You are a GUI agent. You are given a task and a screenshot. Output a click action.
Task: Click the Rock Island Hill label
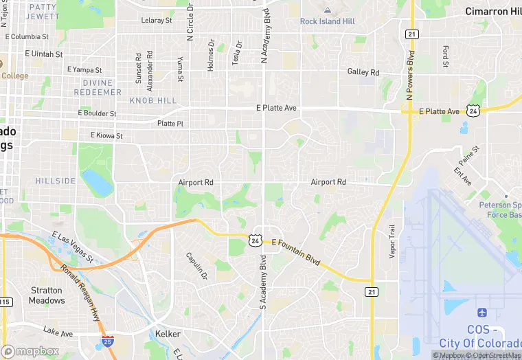(327, 21)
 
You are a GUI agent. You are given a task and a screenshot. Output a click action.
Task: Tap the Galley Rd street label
(363, 72)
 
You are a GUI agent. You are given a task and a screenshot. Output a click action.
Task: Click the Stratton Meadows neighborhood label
(47, 295)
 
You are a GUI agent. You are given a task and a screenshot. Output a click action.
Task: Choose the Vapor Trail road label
(392, 242)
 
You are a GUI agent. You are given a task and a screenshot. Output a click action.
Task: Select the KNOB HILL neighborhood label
(149, 101)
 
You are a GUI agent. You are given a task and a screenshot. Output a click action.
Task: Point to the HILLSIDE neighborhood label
(56, 181)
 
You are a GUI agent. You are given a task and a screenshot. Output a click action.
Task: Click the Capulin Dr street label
(196, 266)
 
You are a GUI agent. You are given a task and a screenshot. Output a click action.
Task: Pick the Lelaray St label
(157, 21)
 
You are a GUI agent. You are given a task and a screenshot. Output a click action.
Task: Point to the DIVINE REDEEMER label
(97, 87)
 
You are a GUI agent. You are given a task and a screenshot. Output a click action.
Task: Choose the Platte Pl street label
(170, 124)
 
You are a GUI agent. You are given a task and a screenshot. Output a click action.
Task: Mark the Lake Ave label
(58, 333)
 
